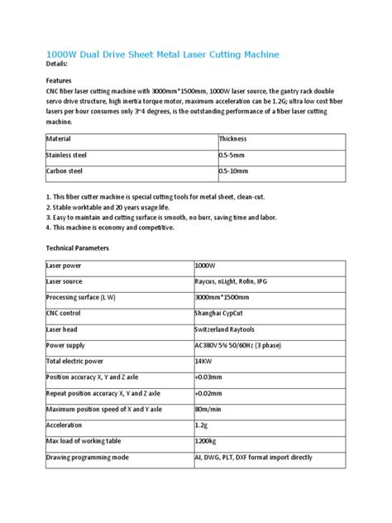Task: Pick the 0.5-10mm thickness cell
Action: pos(233,171)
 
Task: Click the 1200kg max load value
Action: pos(206,443)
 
